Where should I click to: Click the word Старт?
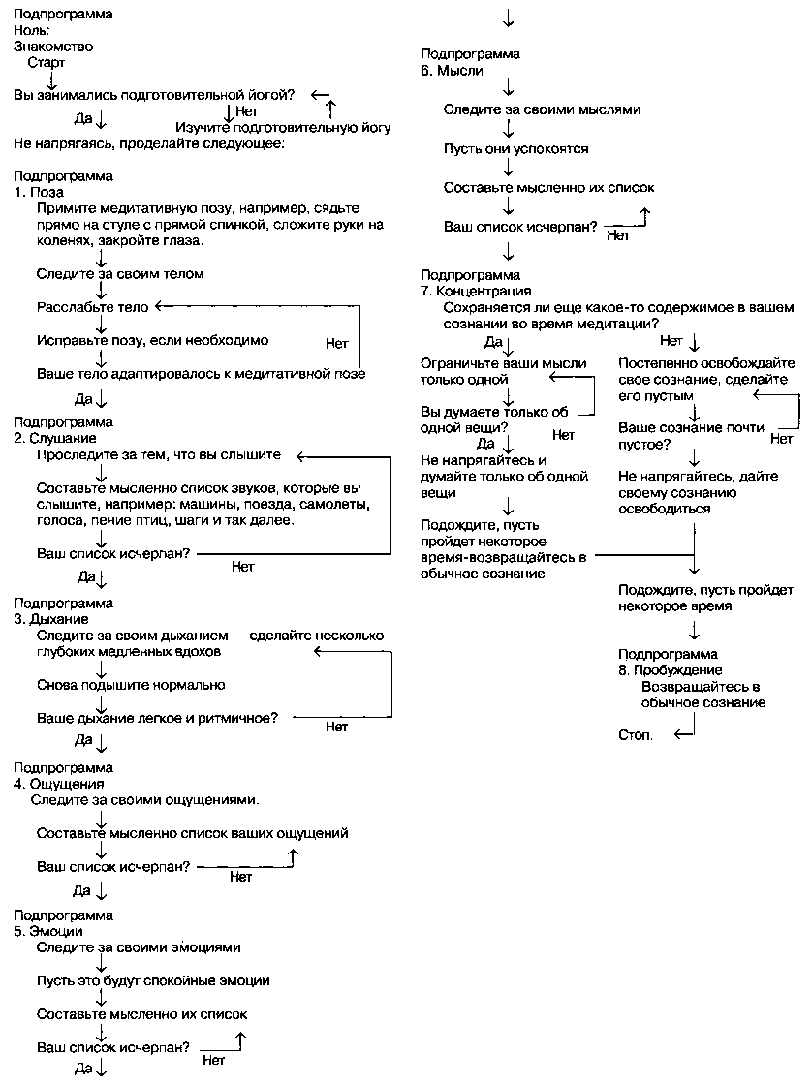[47, 62]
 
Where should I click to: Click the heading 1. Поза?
[40, 192]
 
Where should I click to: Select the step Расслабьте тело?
[93, 307]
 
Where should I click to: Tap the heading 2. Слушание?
[55, 438]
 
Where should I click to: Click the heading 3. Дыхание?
[51, 618]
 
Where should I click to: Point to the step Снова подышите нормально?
[131, 685]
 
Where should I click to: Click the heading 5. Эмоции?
[48, 931]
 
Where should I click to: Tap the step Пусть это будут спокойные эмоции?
[153, 980]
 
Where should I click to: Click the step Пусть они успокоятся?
[515, 149]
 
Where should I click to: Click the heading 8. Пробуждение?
[671, 669]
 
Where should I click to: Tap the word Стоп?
[636, 734]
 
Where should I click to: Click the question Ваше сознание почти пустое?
[692, 435]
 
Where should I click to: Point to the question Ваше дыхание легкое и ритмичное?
[158, 718]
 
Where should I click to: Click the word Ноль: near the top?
[32, 29]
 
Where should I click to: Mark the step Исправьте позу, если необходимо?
[152, 340]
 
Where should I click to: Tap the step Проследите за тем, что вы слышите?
[159, 454]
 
